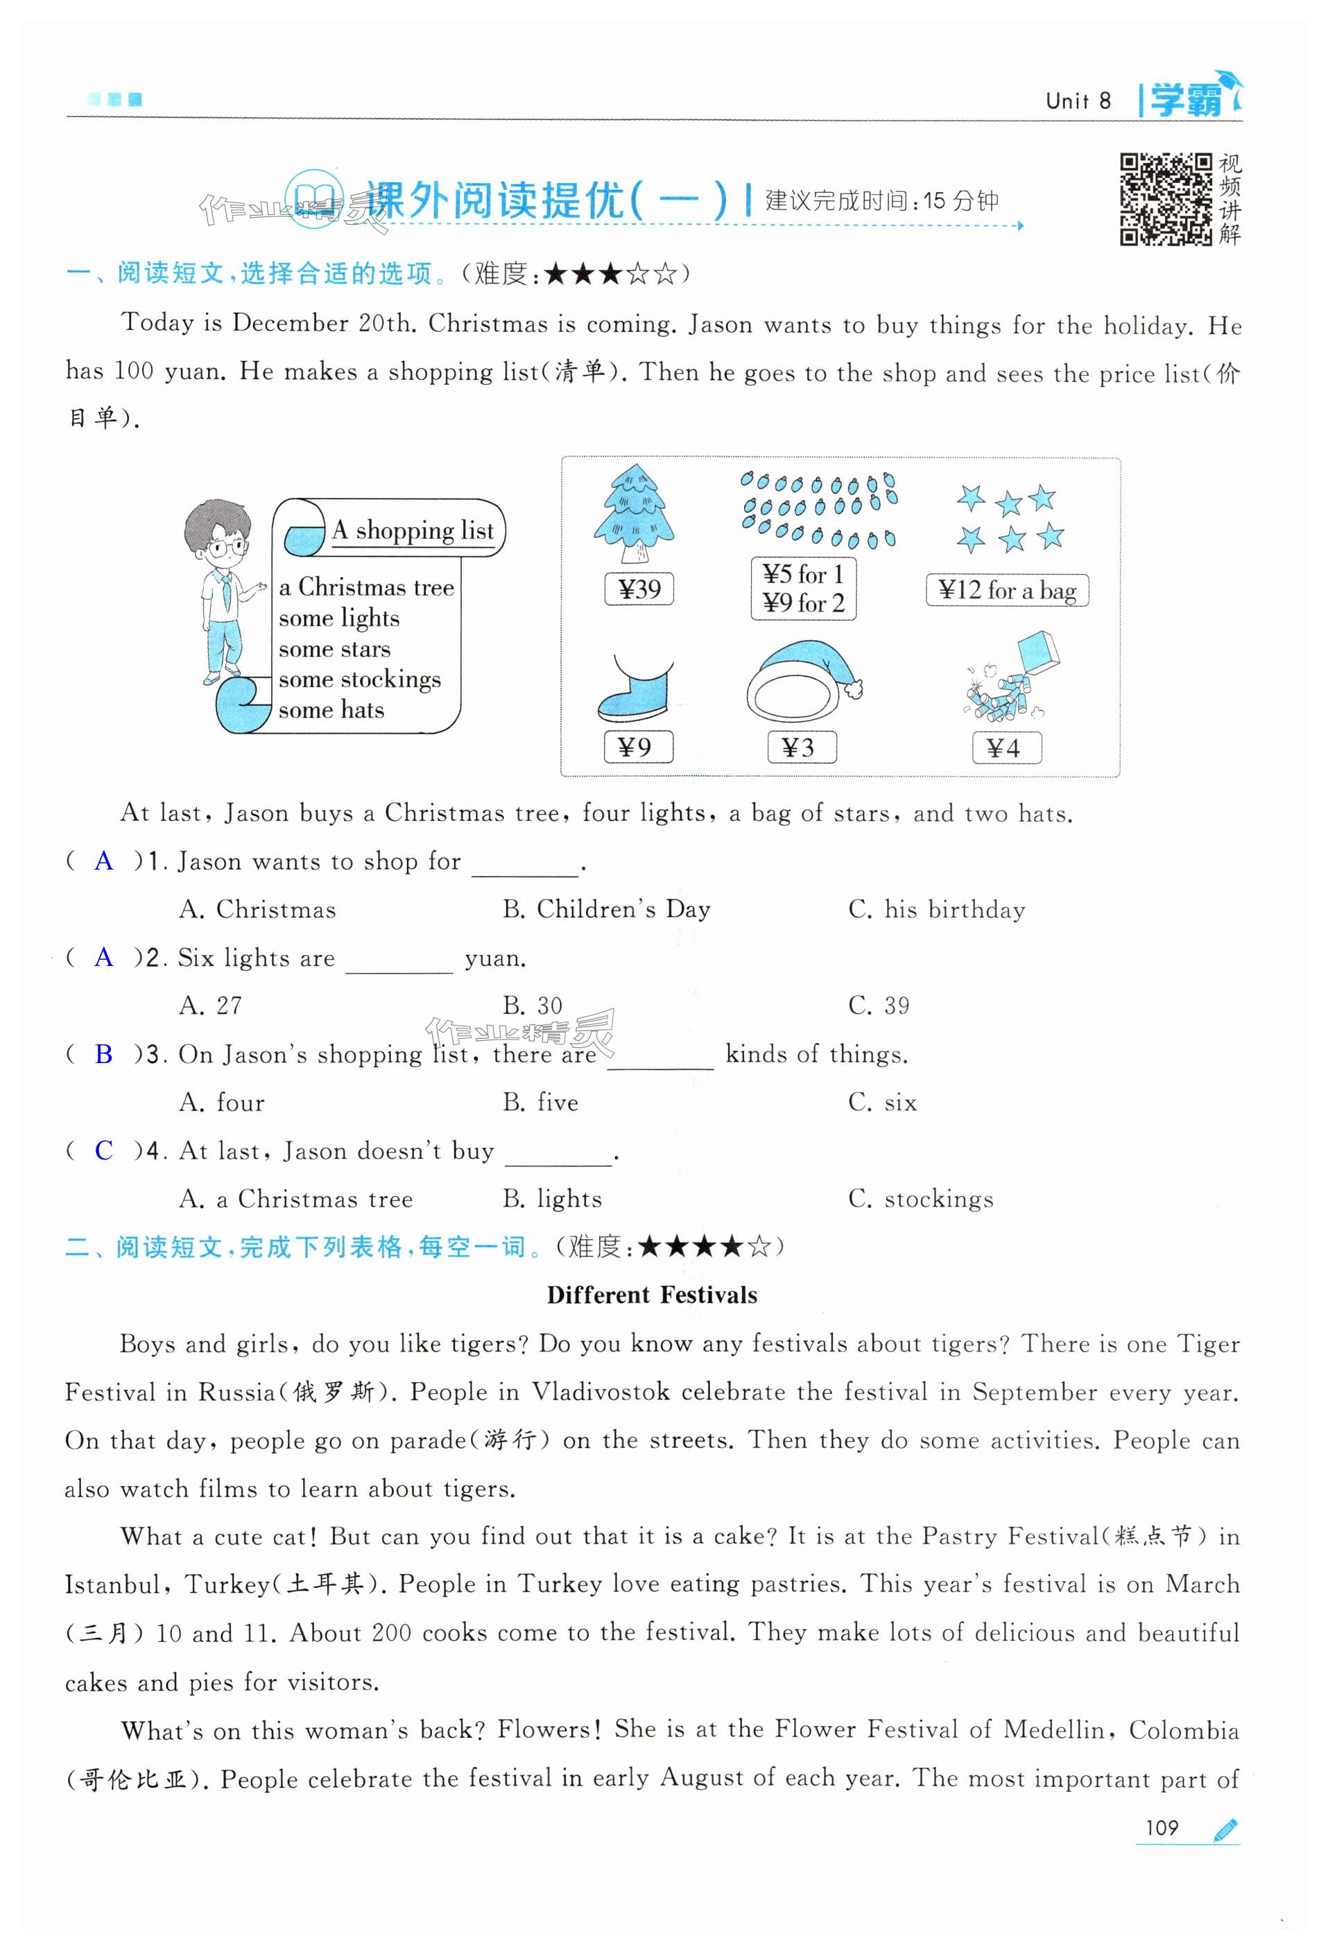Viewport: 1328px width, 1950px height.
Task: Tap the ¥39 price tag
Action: tap(639, 589)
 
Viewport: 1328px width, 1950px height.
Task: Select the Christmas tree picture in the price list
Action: tap(635, 512)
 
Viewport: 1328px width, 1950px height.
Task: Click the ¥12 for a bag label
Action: tap(1007, 590)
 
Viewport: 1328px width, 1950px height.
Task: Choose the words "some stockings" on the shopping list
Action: tap(359, 679)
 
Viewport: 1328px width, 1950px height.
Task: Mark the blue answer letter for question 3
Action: tap(103, 1054)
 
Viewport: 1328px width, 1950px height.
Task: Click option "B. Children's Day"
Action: tap(605, 910)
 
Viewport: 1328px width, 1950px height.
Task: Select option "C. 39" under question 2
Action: tap(879, 1006)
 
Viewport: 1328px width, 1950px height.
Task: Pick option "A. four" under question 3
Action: tap(221, 1103)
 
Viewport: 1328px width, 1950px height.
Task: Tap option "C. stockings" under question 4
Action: tap(920, 1199)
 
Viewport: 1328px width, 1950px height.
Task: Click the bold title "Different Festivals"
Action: tap(651, 1295)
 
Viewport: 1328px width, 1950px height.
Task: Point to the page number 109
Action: tap(1161, 1827)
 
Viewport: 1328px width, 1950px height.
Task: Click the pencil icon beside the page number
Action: tap(1225, 1829)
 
